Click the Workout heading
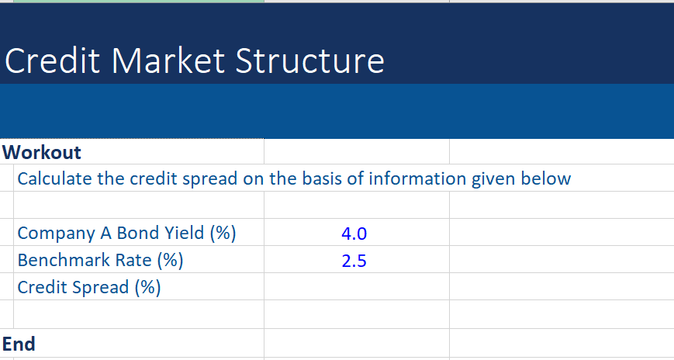tap(42, 151)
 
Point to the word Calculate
tap(54, 179)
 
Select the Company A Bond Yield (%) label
tap(126, 233)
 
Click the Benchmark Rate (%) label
tap(100, 260)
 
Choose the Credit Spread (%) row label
tap(89, 287)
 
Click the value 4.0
tap(354, 234)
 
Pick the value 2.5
tap(354, 261)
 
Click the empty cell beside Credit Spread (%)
tap(356, 287)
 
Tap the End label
tap(19, 344)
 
